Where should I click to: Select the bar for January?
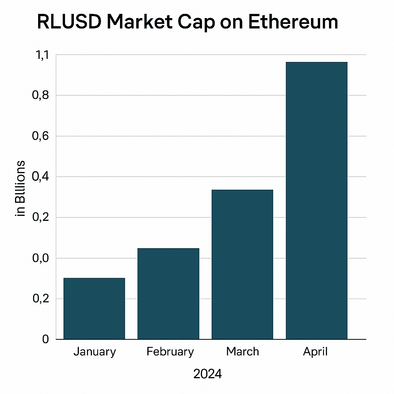94,308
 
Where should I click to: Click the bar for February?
168,294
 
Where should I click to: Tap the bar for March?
242,264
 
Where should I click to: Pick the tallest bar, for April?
316,200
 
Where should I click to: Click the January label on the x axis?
94,352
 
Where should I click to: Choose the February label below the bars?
170,352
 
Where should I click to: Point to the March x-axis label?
242,351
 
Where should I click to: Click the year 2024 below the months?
207,374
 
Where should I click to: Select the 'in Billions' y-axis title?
20,189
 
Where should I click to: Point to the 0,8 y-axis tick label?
41,95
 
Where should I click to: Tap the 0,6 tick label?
41,136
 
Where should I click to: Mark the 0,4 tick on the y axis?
41,177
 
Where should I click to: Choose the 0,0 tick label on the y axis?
41,258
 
